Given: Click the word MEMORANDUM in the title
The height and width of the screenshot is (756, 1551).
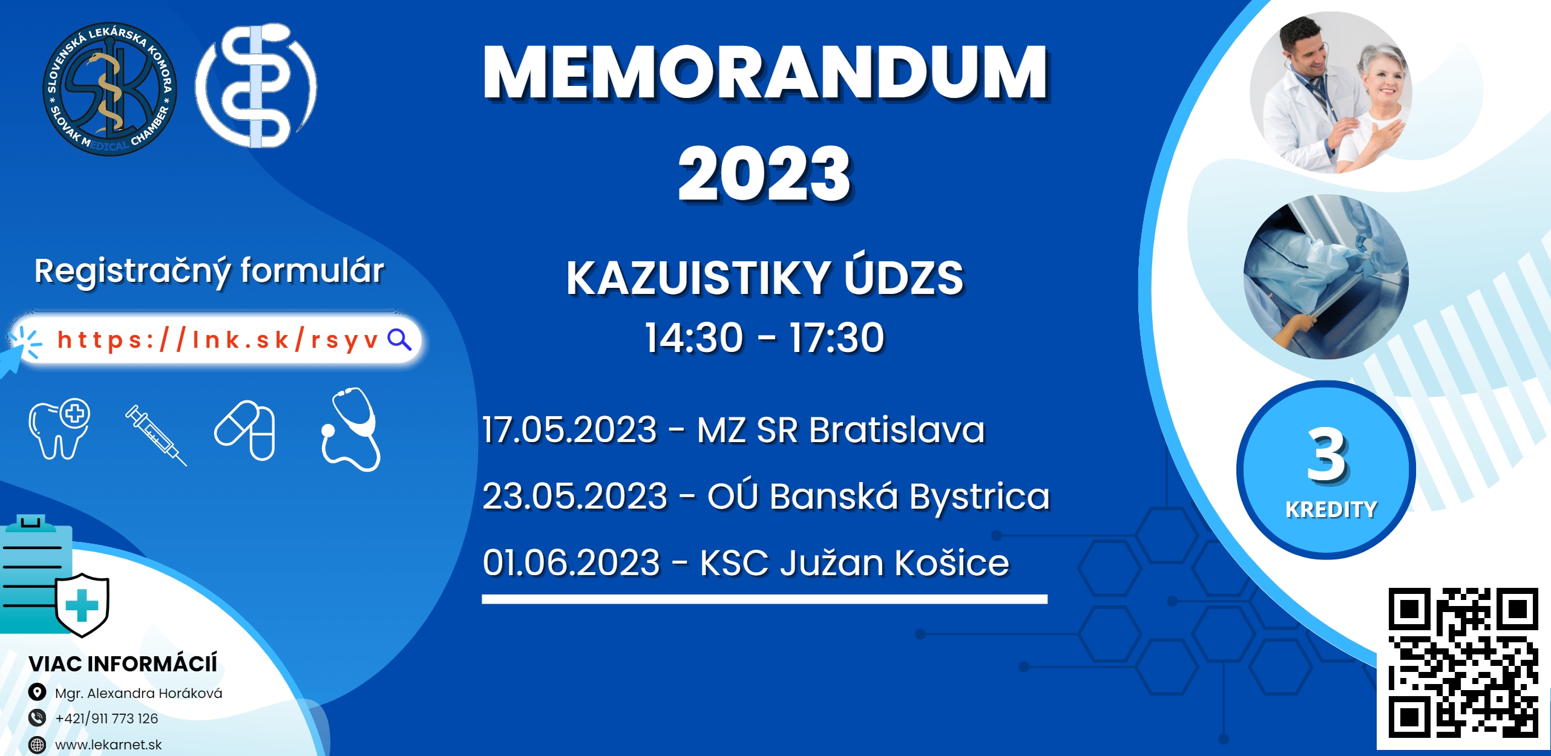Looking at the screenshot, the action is (766, 73).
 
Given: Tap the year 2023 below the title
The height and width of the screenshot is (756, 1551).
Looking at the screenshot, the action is (765, 174).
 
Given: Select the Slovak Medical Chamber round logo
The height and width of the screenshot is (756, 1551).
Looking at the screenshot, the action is (110, 89).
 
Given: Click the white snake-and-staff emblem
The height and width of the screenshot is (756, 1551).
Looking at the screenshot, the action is (256, 85).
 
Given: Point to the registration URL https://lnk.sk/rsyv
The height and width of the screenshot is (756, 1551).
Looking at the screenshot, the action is (218, 340).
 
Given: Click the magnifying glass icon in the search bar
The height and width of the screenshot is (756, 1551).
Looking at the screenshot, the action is (399, 340).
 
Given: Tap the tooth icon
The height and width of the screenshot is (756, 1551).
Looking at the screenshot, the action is (59, 429).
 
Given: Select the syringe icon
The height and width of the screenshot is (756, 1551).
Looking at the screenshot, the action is (156, 435).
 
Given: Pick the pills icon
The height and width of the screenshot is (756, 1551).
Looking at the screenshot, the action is (245, 430).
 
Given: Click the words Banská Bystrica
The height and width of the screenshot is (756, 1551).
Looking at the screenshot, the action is (910, 497).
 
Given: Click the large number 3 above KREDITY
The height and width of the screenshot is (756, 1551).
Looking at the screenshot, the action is (1326, 455).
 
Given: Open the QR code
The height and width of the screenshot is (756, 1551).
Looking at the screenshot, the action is (1463, 662).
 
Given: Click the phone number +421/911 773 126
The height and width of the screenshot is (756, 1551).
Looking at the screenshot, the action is (107, 719).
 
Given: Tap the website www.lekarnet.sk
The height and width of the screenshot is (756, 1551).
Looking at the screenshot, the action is (108, 745).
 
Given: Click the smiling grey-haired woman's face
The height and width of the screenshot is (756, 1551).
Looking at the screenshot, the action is (1385, 82).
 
